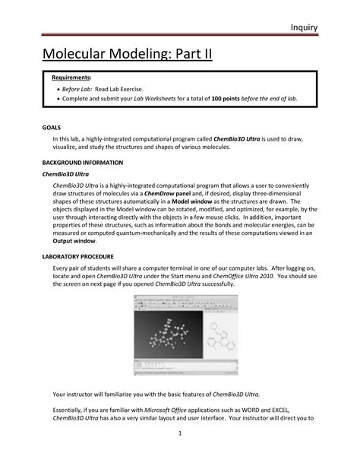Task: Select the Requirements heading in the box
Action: tap(71, 78)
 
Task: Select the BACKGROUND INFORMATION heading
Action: tap(81, 163)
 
